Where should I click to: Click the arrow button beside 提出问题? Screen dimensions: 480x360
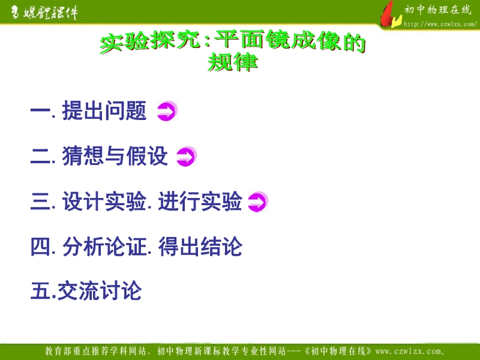(167, 110)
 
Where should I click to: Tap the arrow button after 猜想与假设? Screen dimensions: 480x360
(187, 157)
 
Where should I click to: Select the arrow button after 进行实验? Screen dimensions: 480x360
(258, 202)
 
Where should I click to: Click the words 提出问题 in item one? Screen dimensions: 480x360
(104, 110)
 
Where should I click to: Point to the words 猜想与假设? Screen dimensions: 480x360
(115, 156)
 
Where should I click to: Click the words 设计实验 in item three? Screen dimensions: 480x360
(104, 202)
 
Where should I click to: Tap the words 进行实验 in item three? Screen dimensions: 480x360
(200, 202)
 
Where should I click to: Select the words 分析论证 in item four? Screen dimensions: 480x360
(104, 247)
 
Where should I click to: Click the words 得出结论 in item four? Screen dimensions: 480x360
(200, 247)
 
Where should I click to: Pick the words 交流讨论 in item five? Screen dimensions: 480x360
(100, 290)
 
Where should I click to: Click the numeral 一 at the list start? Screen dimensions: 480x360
(40, 110)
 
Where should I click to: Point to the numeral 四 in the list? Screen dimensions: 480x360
(40, 247)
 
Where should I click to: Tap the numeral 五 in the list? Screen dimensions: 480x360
(40, 291)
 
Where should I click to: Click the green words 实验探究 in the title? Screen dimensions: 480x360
(151, 41)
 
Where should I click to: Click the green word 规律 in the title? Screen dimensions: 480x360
(233, 62)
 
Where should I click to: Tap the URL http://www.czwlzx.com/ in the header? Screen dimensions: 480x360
(440, 24)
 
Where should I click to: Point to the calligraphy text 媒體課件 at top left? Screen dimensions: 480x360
(50, 13)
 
